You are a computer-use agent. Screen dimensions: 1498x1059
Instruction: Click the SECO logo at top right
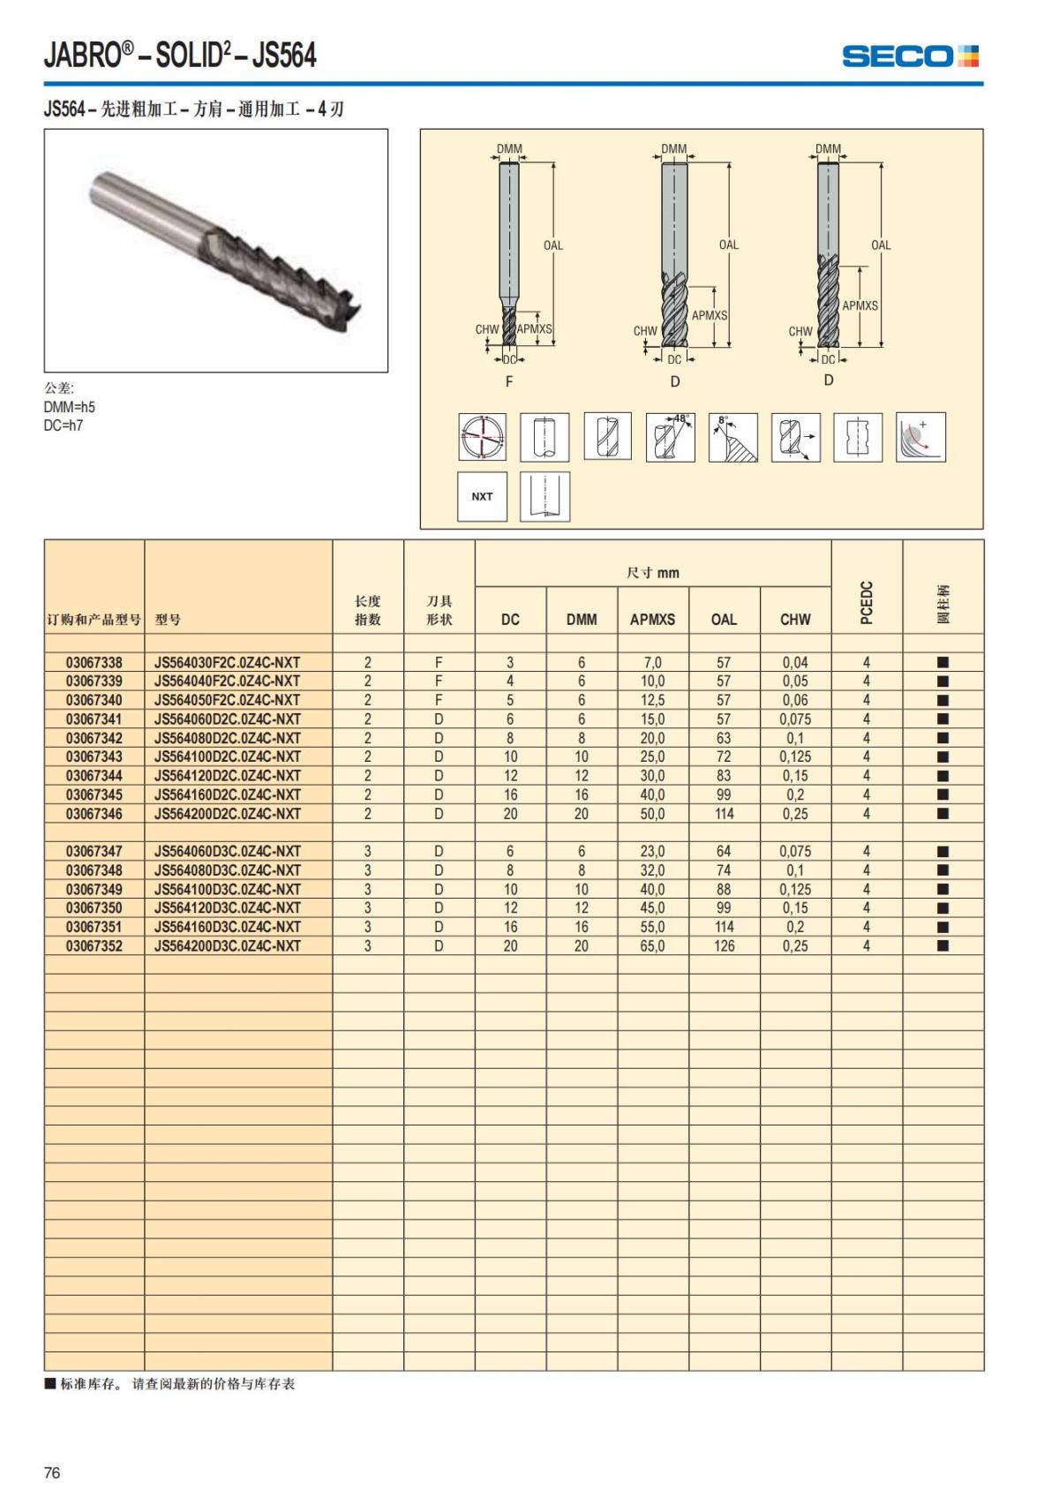tap(910, 56)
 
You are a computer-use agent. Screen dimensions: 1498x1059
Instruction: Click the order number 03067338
tap(94, 662)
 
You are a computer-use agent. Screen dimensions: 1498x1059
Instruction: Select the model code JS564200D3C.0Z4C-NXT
tap(228, 945)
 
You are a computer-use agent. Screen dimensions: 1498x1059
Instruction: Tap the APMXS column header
tap(652, 620)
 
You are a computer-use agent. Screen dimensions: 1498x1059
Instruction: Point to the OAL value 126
tap(724, 945)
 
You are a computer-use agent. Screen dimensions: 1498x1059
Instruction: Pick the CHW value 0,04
tap(795, 662)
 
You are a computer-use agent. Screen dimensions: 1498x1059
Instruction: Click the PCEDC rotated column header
tap(867, 602)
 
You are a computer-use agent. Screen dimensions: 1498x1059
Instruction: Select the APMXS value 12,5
tap(652, 700)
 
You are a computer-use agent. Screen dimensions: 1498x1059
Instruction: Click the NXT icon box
tap(482, 496)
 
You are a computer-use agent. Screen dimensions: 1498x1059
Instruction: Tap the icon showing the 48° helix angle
tap(670, 436)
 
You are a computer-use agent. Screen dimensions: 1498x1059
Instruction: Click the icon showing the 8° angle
tap(732, 436)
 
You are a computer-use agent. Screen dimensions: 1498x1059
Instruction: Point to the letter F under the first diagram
tap(509, 381)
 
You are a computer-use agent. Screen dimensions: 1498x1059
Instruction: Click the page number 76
tap(52, 1472)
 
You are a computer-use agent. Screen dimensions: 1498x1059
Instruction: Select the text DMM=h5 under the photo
tap(70, 407)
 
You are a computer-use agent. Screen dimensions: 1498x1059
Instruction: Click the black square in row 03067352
tap(943, 945)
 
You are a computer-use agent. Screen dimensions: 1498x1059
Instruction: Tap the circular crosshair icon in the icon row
tap(482, 436)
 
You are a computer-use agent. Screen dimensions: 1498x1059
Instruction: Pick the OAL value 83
tap(724, 775)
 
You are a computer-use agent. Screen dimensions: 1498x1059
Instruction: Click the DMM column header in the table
tap(582, 620)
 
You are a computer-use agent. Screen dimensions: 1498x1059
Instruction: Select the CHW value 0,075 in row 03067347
tap(795, 851)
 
